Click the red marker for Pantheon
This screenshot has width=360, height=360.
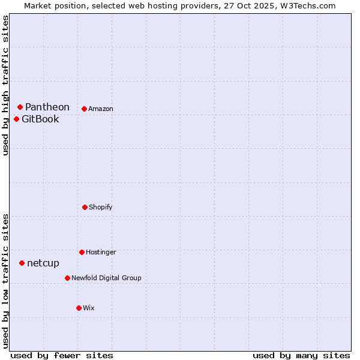tap(20, 107)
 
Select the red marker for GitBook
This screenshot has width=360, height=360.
tap(16, 119)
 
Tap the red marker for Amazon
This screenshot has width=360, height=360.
tap(84, 109)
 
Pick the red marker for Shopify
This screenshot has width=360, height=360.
tap(85, 207)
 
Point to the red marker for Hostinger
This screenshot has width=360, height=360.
tap(82, 252)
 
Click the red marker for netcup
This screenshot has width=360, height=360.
tap(22, 263)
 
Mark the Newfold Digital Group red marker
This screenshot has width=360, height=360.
tap(67, 278)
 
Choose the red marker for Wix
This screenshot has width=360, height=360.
tap(79, 308)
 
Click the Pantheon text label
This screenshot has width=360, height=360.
tap(47, 107)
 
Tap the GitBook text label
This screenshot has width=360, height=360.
tap(40, 119)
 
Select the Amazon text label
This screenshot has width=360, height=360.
tap(101, 109)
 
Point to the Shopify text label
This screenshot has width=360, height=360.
tap(101, 207)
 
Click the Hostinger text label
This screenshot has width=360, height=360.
tap(101, 252)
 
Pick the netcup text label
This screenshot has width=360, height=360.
tap(43, 263)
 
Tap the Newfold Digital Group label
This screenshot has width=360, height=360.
tap(106, 278)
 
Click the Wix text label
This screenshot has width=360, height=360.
tap(89, 308)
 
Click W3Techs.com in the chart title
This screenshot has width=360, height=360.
tap(307, 5)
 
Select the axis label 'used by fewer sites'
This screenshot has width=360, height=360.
tap(62, 355)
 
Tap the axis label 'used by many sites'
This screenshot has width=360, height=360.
tap(301, 355)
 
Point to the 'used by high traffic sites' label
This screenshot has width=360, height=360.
tap(5, 86)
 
